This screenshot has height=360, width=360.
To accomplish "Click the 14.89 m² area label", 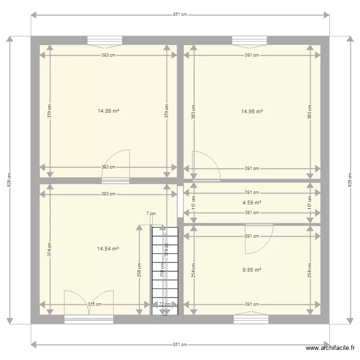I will pos(108,111).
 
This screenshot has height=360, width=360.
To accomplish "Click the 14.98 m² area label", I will pos(252,111).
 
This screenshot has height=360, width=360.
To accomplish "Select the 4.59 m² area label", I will pos(252,203).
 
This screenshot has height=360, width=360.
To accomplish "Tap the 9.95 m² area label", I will pos(252,270).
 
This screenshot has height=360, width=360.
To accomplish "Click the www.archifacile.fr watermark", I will pos(331,348).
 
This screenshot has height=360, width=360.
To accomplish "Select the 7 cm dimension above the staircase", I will pos(151,214).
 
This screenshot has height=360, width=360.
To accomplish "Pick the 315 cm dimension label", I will pos(95,304).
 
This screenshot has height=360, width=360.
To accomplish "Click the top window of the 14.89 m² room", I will pos(105,40).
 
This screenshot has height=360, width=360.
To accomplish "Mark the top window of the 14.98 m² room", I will pos(249,40).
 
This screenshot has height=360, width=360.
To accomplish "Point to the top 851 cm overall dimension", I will pos(180,15).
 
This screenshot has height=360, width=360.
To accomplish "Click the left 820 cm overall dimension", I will pos(9,180).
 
